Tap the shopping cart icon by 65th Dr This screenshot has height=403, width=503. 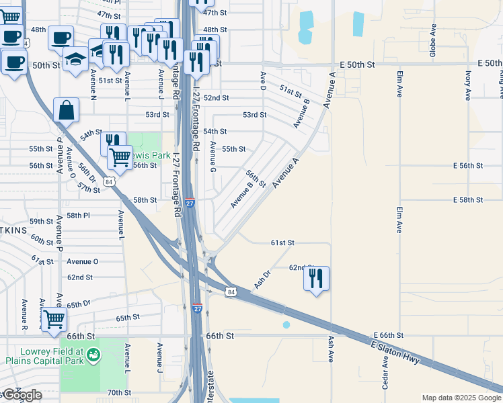(54, 319)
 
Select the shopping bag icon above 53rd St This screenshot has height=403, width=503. (67, 110)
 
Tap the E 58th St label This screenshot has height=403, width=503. (468, 200)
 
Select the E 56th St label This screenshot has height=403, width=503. (468, 165)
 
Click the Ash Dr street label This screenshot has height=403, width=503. (262, 280)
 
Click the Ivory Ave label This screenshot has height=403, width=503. (468, 85)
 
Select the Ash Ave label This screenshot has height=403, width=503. (331, 349)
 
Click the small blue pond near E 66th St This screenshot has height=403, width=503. (286, 325)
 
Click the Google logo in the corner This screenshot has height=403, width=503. (22, 395)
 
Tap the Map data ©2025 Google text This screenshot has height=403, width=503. (461, 398)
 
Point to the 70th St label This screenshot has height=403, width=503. (118, 392)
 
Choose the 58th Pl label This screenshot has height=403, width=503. (77, 216)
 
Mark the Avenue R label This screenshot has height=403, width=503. (24, 314)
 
